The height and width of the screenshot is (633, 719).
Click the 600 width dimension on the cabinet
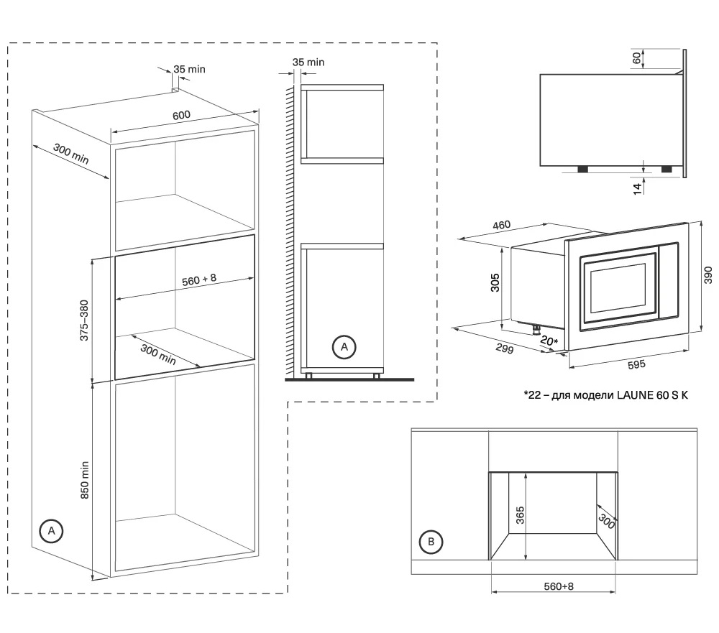[182, 115]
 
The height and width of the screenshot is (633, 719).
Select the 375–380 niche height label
[84, 320]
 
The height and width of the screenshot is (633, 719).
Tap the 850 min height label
[85, 480]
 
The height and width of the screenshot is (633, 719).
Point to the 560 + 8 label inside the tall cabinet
[199, 279]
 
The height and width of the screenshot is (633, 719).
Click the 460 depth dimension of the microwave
[502, 226]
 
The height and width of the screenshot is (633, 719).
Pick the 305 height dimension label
[495, 282]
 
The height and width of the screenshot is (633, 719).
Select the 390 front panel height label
[708, 275]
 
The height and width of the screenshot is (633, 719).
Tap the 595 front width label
[636, 364]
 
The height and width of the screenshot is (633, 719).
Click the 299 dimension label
[505, 348]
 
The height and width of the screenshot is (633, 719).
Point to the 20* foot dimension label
[549, 341]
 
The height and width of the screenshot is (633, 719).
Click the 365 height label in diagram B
[520, 515]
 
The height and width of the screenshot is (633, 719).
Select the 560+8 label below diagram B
[559, 586]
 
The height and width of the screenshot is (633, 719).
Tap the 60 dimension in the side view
[636, 58]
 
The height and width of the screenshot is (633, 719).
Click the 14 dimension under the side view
[637, 189]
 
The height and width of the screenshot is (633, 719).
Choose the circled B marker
[431, 542]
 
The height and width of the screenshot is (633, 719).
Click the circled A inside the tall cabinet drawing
[51, 531]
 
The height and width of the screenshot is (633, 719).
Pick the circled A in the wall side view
[344, 347]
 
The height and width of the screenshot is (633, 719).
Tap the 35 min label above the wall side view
[308, 63]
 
